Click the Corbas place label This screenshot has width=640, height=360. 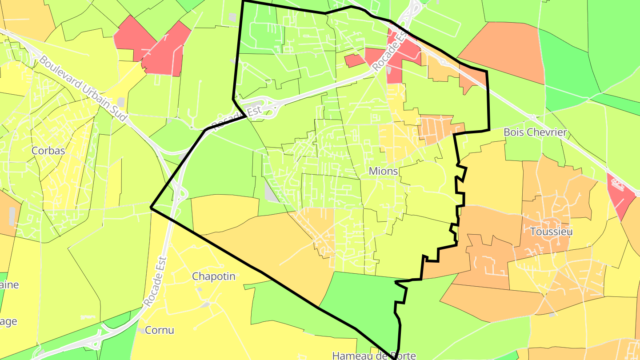(x=48, y=151)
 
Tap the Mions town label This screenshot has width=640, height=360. (x=383, y=171)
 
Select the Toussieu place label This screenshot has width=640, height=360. (x=551, y=232)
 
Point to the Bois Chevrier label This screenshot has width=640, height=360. (x=535, y=132)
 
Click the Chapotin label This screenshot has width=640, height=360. (x=213, y=276)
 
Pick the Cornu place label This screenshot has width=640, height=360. (x=160, y=330)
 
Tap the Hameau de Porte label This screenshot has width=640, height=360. (x=374, y=356)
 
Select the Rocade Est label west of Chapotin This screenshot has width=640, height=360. (x=156, y=281)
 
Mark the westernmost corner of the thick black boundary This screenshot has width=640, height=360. (x=151, y=208)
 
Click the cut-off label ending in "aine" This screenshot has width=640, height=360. (x=9, y=284)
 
